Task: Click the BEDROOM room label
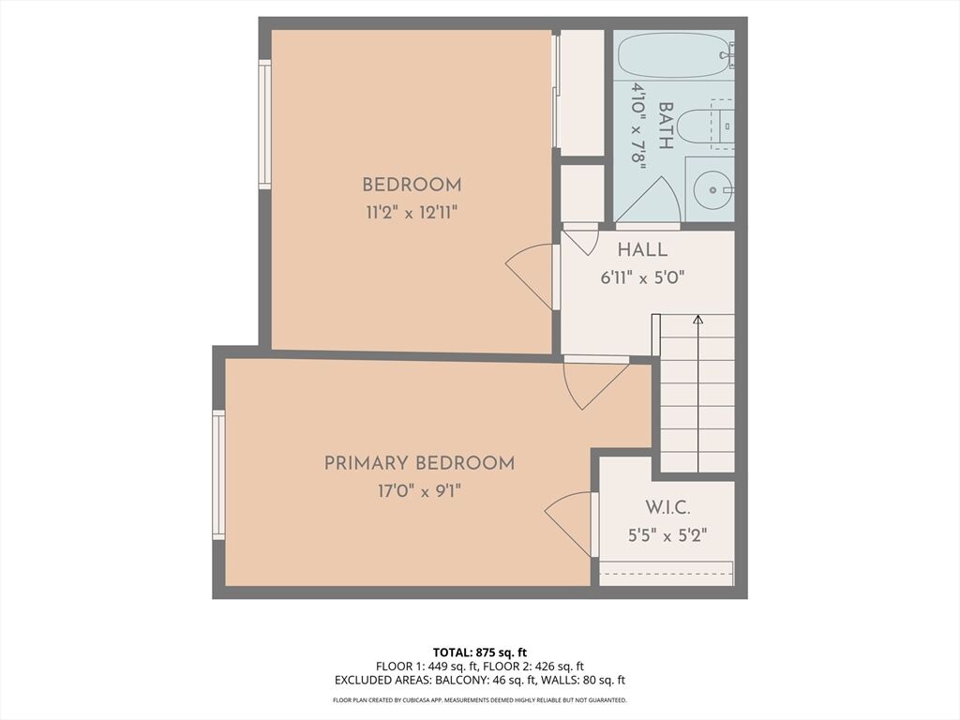click(412, 185)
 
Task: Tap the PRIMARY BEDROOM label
click(419, 463)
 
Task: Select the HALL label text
click(642, 249)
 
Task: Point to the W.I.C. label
click(667, 507)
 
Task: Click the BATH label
click(666, 126)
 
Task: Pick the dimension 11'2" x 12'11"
click(412, 213)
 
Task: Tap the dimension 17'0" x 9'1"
click(419, 491)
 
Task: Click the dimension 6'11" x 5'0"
click(642, 277)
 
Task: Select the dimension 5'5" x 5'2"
click(667, 535)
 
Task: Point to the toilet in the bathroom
click(708, 127)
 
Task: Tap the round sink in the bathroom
click(712, 190)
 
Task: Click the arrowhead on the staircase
click(697, 319)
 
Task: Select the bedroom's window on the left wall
click(264, 125)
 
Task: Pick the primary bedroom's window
click(218, 475)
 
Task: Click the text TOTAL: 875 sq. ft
click(480, 652)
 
